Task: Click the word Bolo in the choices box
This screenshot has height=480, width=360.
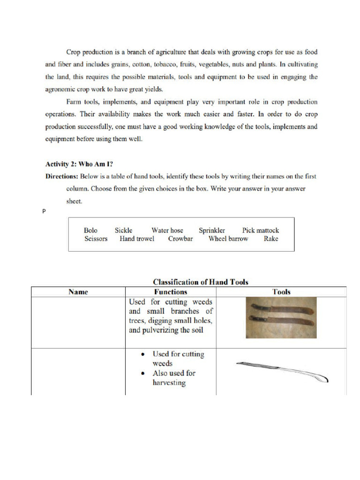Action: [91, 230]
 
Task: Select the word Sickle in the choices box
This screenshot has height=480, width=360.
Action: [124, 230]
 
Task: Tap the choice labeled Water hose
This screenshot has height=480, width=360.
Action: [167, 230]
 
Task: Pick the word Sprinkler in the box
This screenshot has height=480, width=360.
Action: [212, 230]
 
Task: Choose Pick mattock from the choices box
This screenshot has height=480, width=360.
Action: [260, 230]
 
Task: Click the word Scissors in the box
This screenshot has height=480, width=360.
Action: [96, 239]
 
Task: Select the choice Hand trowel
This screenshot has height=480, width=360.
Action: [137, 239]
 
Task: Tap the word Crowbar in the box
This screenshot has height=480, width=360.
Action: [180, 239]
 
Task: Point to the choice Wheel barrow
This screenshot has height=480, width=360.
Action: [228, 239]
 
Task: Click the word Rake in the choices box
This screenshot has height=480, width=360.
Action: [271, 239]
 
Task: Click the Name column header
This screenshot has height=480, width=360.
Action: [78, 292]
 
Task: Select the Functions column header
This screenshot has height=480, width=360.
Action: [171, 292]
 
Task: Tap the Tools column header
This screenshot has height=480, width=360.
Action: [281, 292]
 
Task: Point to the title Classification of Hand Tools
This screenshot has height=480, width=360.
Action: [201, 282]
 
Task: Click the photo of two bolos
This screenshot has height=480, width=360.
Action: [281, 317]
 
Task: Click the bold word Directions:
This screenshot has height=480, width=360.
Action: [61, 177]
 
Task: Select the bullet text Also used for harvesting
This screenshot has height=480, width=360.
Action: [173, 378]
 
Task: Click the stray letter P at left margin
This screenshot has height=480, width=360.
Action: [44, 212]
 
